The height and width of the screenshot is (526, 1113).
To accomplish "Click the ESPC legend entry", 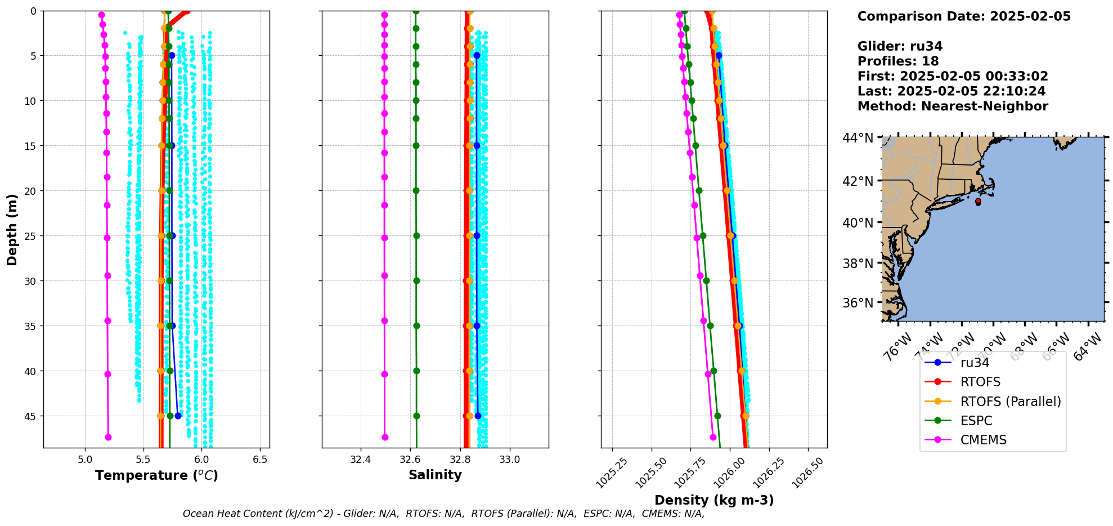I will [x=976, y=421].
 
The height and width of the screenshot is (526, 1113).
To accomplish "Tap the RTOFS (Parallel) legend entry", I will [x=1011, y=402].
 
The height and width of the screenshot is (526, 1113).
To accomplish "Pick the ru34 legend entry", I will [x=975, y=363].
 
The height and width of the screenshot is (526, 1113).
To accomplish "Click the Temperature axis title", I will [x=156, y=475].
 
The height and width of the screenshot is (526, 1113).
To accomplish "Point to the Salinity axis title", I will [x=435, y=475].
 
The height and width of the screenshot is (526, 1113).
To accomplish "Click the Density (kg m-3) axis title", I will [x=714, y=500].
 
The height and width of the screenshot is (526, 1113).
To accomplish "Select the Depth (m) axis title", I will [x=12, y=230].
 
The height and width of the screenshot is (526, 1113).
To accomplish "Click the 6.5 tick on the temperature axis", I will [x=260, y=460].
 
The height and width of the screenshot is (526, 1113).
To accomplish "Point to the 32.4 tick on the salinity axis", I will [x=360, y=460].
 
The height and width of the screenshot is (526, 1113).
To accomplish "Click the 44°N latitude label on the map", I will [x=858, y=137].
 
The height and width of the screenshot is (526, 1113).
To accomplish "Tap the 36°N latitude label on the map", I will [x=858, y=303].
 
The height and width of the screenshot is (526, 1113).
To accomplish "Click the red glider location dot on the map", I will [x=978, y=201].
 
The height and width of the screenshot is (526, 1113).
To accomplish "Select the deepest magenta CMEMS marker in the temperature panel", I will [x=108, y=437].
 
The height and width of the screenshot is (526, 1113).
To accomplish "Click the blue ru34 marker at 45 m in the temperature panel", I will [x=178, y=416].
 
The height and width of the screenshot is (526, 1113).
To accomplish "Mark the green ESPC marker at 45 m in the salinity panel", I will [x=417, y=416].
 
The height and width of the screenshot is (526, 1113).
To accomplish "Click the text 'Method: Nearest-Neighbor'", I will [x=953, y=106].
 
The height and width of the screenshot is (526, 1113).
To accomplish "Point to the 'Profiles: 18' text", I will [x=898, y=61].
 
